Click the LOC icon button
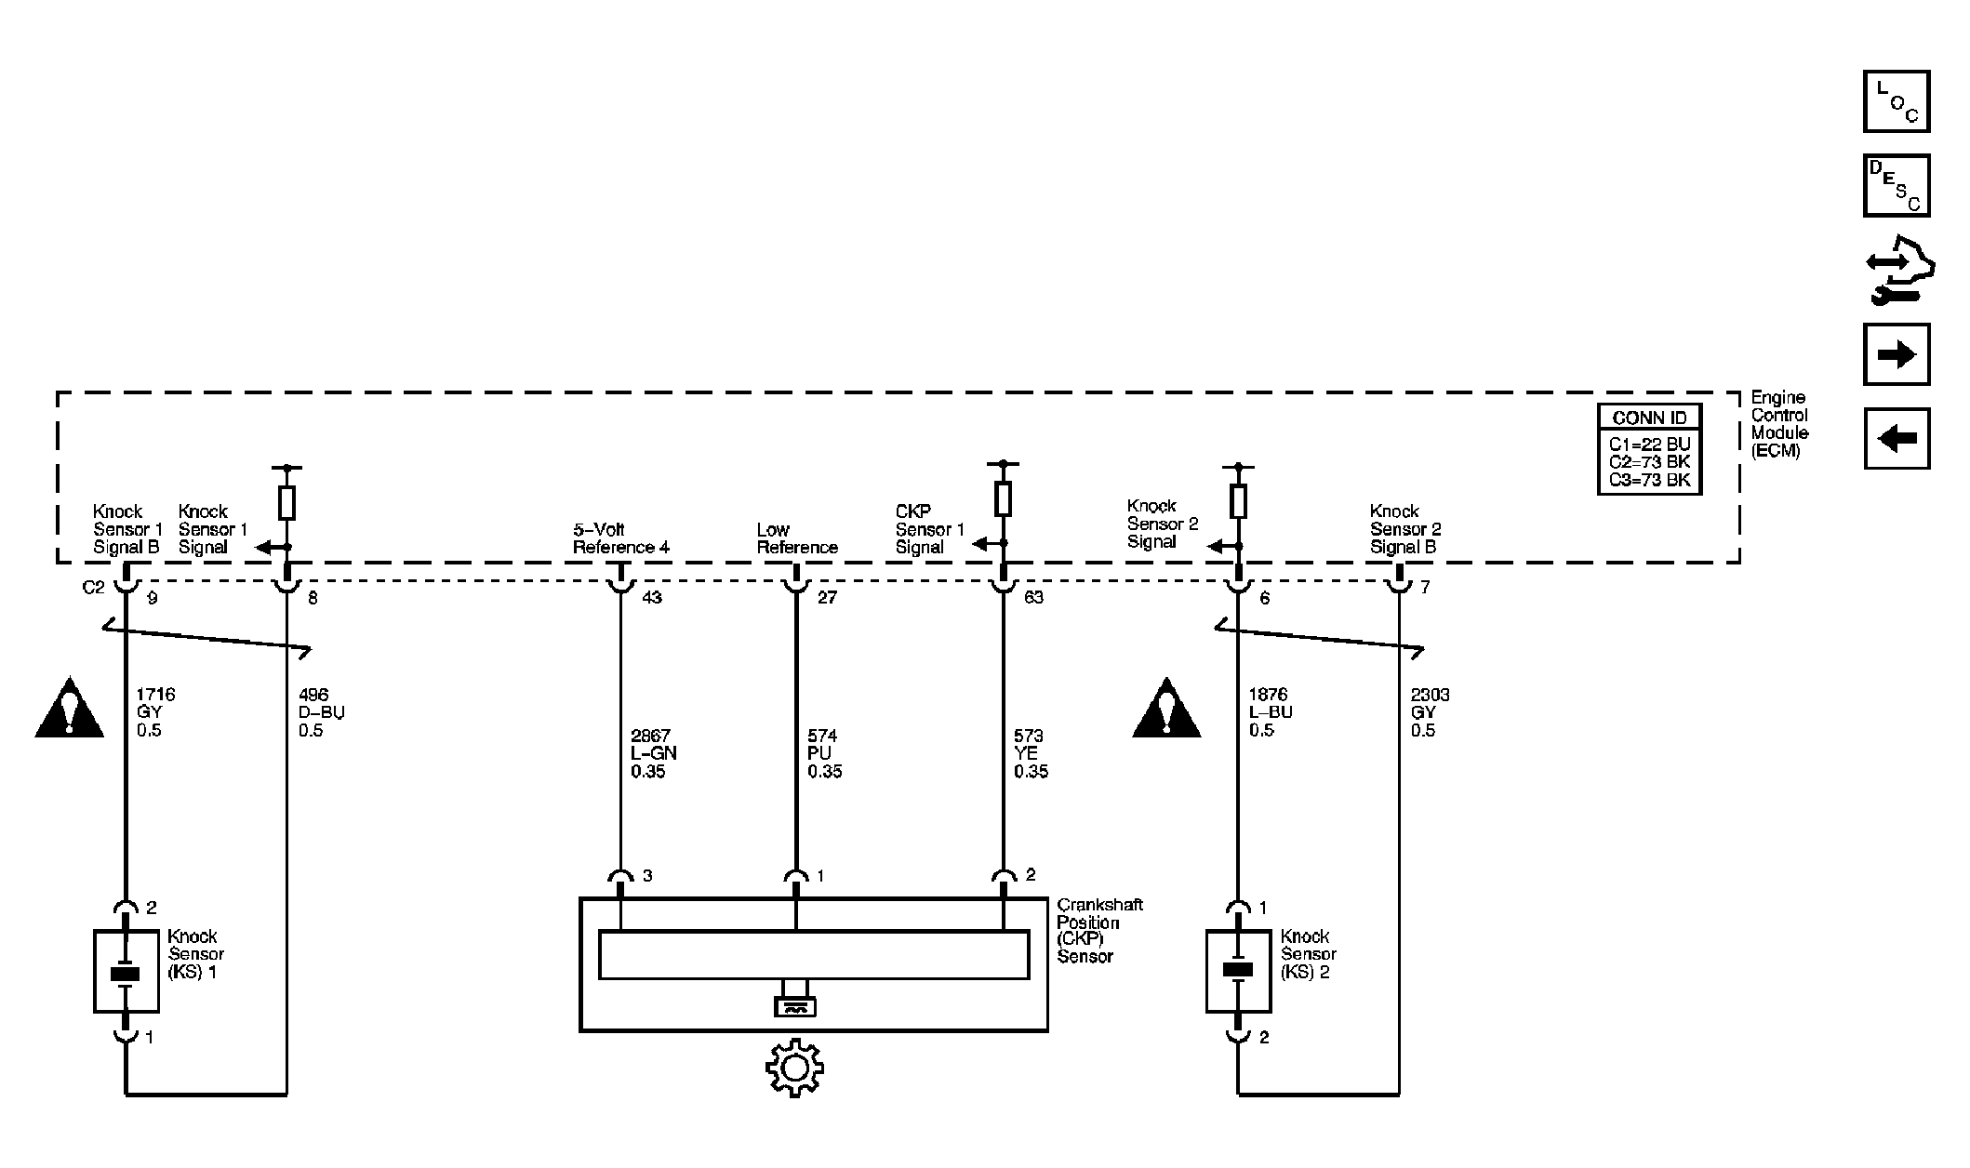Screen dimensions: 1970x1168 coord(1897,101)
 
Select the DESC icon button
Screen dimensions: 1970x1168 coord(1897,185)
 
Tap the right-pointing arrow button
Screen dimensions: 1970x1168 coord(1897,354)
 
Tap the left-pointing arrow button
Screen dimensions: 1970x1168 coord(1897,438)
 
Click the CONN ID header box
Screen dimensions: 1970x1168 coord(1649,418)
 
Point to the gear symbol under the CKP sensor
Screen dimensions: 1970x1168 coord(794,1068)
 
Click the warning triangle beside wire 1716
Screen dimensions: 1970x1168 coord(69,709)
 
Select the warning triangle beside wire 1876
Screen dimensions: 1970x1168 coord(1166,709)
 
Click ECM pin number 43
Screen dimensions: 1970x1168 coord(652,597)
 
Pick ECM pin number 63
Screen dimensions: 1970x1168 coord(1033,597)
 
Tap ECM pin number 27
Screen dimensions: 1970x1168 coord(827,597)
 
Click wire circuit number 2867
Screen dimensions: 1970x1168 coord(650,736)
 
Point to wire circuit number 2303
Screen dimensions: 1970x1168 coord(1430,695)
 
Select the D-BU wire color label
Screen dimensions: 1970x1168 coord(322,712)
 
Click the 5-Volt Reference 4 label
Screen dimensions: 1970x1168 coord(620,538)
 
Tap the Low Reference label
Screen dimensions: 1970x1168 coord(797,538)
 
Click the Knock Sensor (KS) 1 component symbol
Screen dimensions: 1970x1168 coord(126,972)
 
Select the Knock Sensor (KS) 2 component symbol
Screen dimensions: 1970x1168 coord(1238,972)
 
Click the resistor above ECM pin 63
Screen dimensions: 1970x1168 coord(1003,498)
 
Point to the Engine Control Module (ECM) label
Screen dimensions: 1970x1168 coord(1779,424)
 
